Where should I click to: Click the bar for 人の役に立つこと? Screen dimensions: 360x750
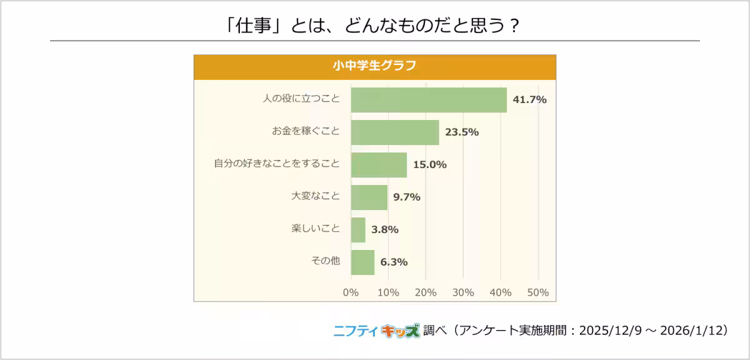(x=429, y=100)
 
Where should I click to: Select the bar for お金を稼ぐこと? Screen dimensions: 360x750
(x=395, y=132)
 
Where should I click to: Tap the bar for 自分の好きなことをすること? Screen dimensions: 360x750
(x=379, y=165)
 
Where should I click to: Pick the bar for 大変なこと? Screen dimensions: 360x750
(x=369, y=197)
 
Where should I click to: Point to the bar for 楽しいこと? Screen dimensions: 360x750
(x=358, y=230)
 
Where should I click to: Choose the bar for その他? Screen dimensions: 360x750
(x=362, y=262)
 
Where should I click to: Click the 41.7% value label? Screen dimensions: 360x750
(x=529, y=99)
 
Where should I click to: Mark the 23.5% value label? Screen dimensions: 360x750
(x=462, y=132)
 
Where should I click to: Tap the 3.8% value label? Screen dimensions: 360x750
(x=384, y=229)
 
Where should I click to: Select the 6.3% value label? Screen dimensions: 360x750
(x=394, y=262)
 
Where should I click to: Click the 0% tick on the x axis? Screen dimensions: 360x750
(x=351, y=292)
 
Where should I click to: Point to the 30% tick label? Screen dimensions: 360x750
(x=463, y=292)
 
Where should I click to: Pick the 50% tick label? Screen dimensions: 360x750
(x=538, y=292)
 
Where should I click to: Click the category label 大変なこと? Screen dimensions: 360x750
(x=316, y=196)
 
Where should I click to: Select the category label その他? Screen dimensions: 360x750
(x=325, y=261)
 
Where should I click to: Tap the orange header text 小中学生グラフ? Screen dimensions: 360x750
(x=374, y=66)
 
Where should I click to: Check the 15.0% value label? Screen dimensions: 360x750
(x=429, y=164)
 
